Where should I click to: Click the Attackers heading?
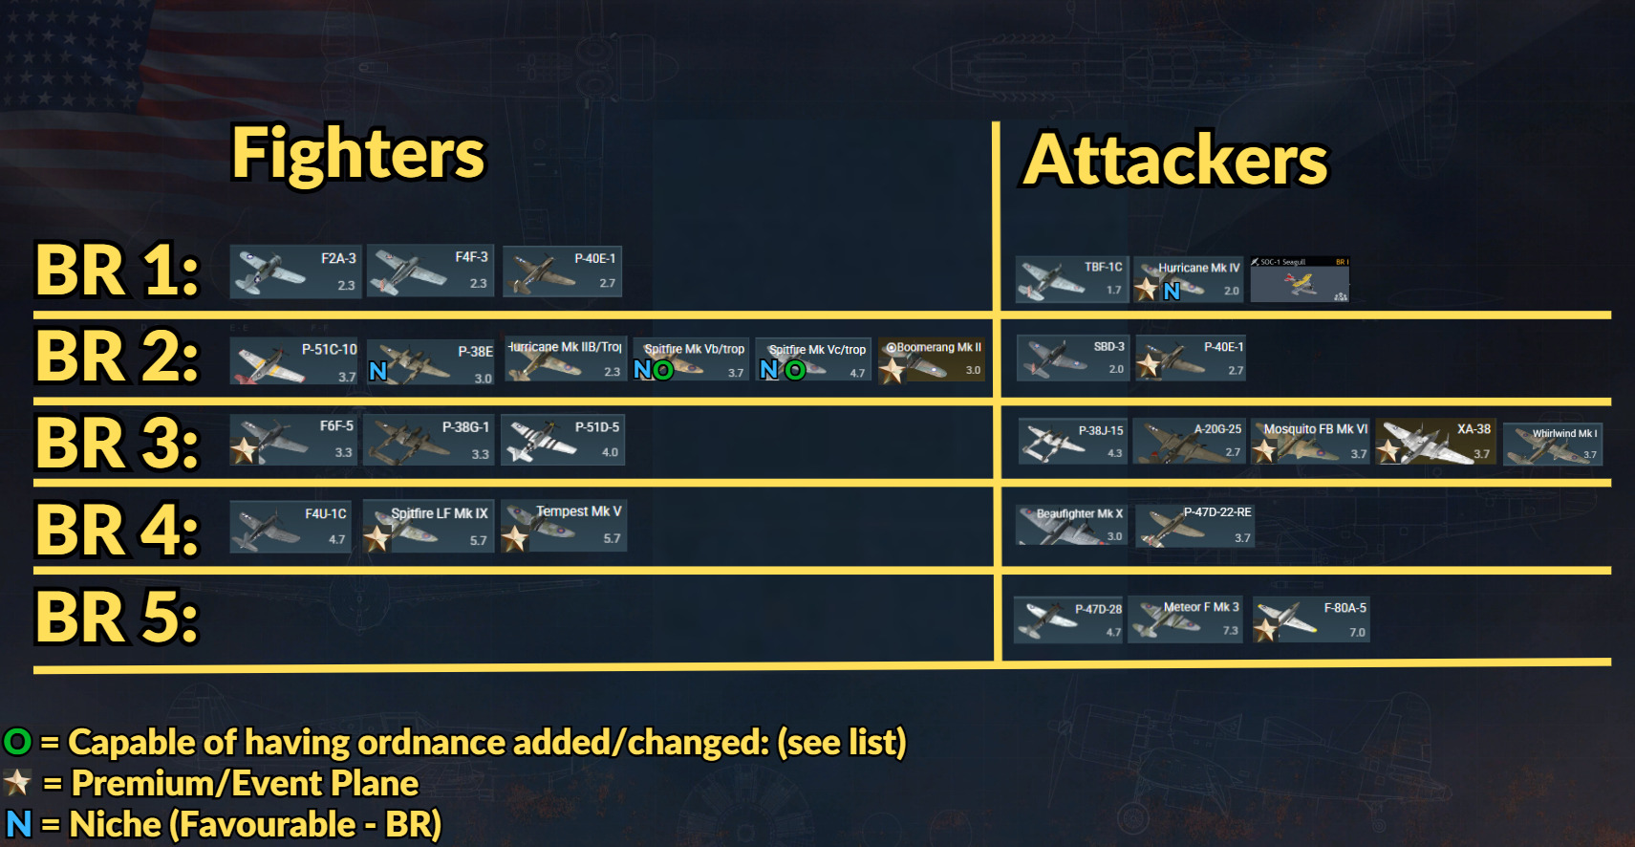tap(1175, 160)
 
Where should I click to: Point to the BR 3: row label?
tap(118, 443)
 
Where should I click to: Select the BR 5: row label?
tap(118, 618)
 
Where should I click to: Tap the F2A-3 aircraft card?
tap(295, 271)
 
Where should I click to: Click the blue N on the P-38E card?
tap(378, 371)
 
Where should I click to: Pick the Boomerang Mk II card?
tap(932, 359)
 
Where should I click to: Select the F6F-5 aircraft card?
tap(293, 440)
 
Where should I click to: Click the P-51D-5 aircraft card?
tap(563, 440)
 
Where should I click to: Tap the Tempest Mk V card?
tap(564, 526)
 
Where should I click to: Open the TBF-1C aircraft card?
tap(1071, 278)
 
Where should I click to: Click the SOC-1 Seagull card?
tap(1300, 279)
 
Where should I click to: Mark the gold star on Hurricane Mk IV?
tap(1145, 289)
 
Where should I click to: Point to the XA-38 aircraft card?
tap(1435, 442)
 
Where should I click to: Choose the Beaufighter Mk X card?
tap(1071, 525)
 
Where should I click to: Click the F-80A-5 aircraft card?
tap(1311, 619)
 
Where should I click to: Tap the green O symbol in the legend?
tap(17, 742)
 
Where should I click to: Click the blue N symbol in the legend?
tap(18, 823)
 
